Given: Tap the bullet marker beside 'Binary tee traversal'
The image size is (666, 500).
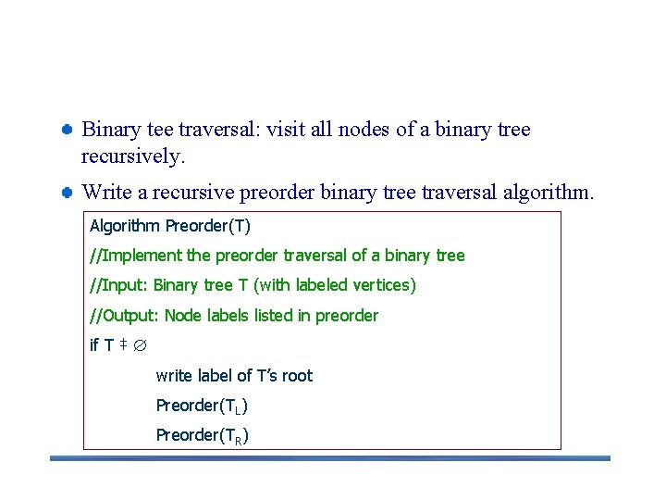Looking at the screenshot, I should [68, 130].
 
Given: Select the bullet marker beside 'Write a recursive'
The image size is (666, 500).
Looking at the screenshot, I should [68, 193].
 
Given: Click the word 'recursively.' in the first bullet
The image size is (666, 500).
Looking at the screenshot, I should [133, 156].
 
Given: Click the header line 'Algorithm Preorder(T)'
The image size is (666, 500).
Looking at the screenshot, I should [169, 226].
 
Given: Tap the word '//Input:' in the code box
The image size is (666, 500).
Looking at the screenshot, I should [119, 285].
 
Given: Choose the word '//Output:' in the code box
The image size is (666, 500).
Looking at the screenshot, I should [125, 316].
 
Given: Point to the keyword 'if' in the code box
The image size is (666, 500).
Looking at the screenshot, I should [94, 345].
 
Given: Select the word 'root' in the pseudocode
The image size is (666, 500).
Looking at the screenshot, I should [297, 376].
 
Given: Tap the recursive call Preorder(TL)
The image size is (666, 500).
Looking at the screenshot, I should [202, 406].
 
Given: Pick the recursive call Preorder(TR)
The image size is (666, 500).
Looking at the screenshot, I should [202, 435].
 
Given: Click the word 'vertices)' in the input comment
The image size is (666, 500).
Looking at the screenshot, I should [383, 285].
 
